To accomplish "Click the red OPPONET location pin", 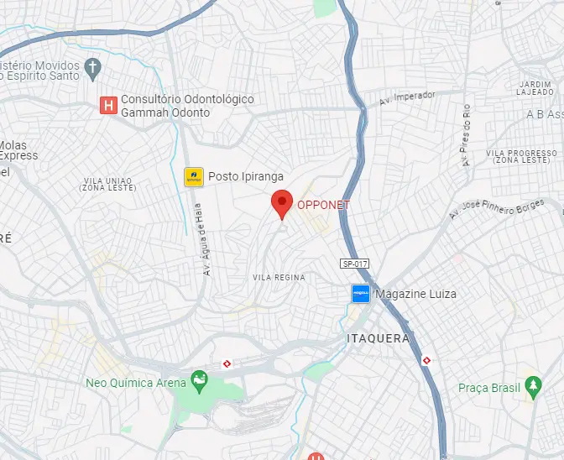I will pos(281,203).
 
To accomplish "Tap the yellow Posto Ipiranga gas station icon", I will pos(194,176).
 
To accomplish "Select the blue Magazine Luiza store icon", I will pos(360,294).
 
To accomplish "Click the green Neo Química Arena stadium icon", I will pos(199,382).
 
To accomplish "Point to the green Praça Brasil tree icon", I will pos(533,387).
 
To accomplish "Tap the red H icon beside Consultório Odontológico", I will pos(107,106).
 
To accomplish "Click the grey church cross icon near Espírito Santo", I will pos(93,65).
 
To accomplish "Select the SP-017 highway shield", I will pos(354,264).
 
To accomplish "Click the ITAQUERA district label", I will pos(378,338).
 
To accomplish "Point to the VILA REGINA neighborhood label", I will pos(279,277).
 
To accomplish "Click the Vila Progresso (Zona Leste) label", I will pos(520,157).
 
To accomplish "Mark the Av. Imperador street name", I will pos(407,97).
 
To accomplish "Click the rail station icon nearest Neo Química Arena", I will pos(227,363).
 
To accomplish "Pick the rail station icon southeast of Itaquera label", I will pos(427,359).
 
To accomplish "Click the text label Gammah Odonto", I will pos(166,112).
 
